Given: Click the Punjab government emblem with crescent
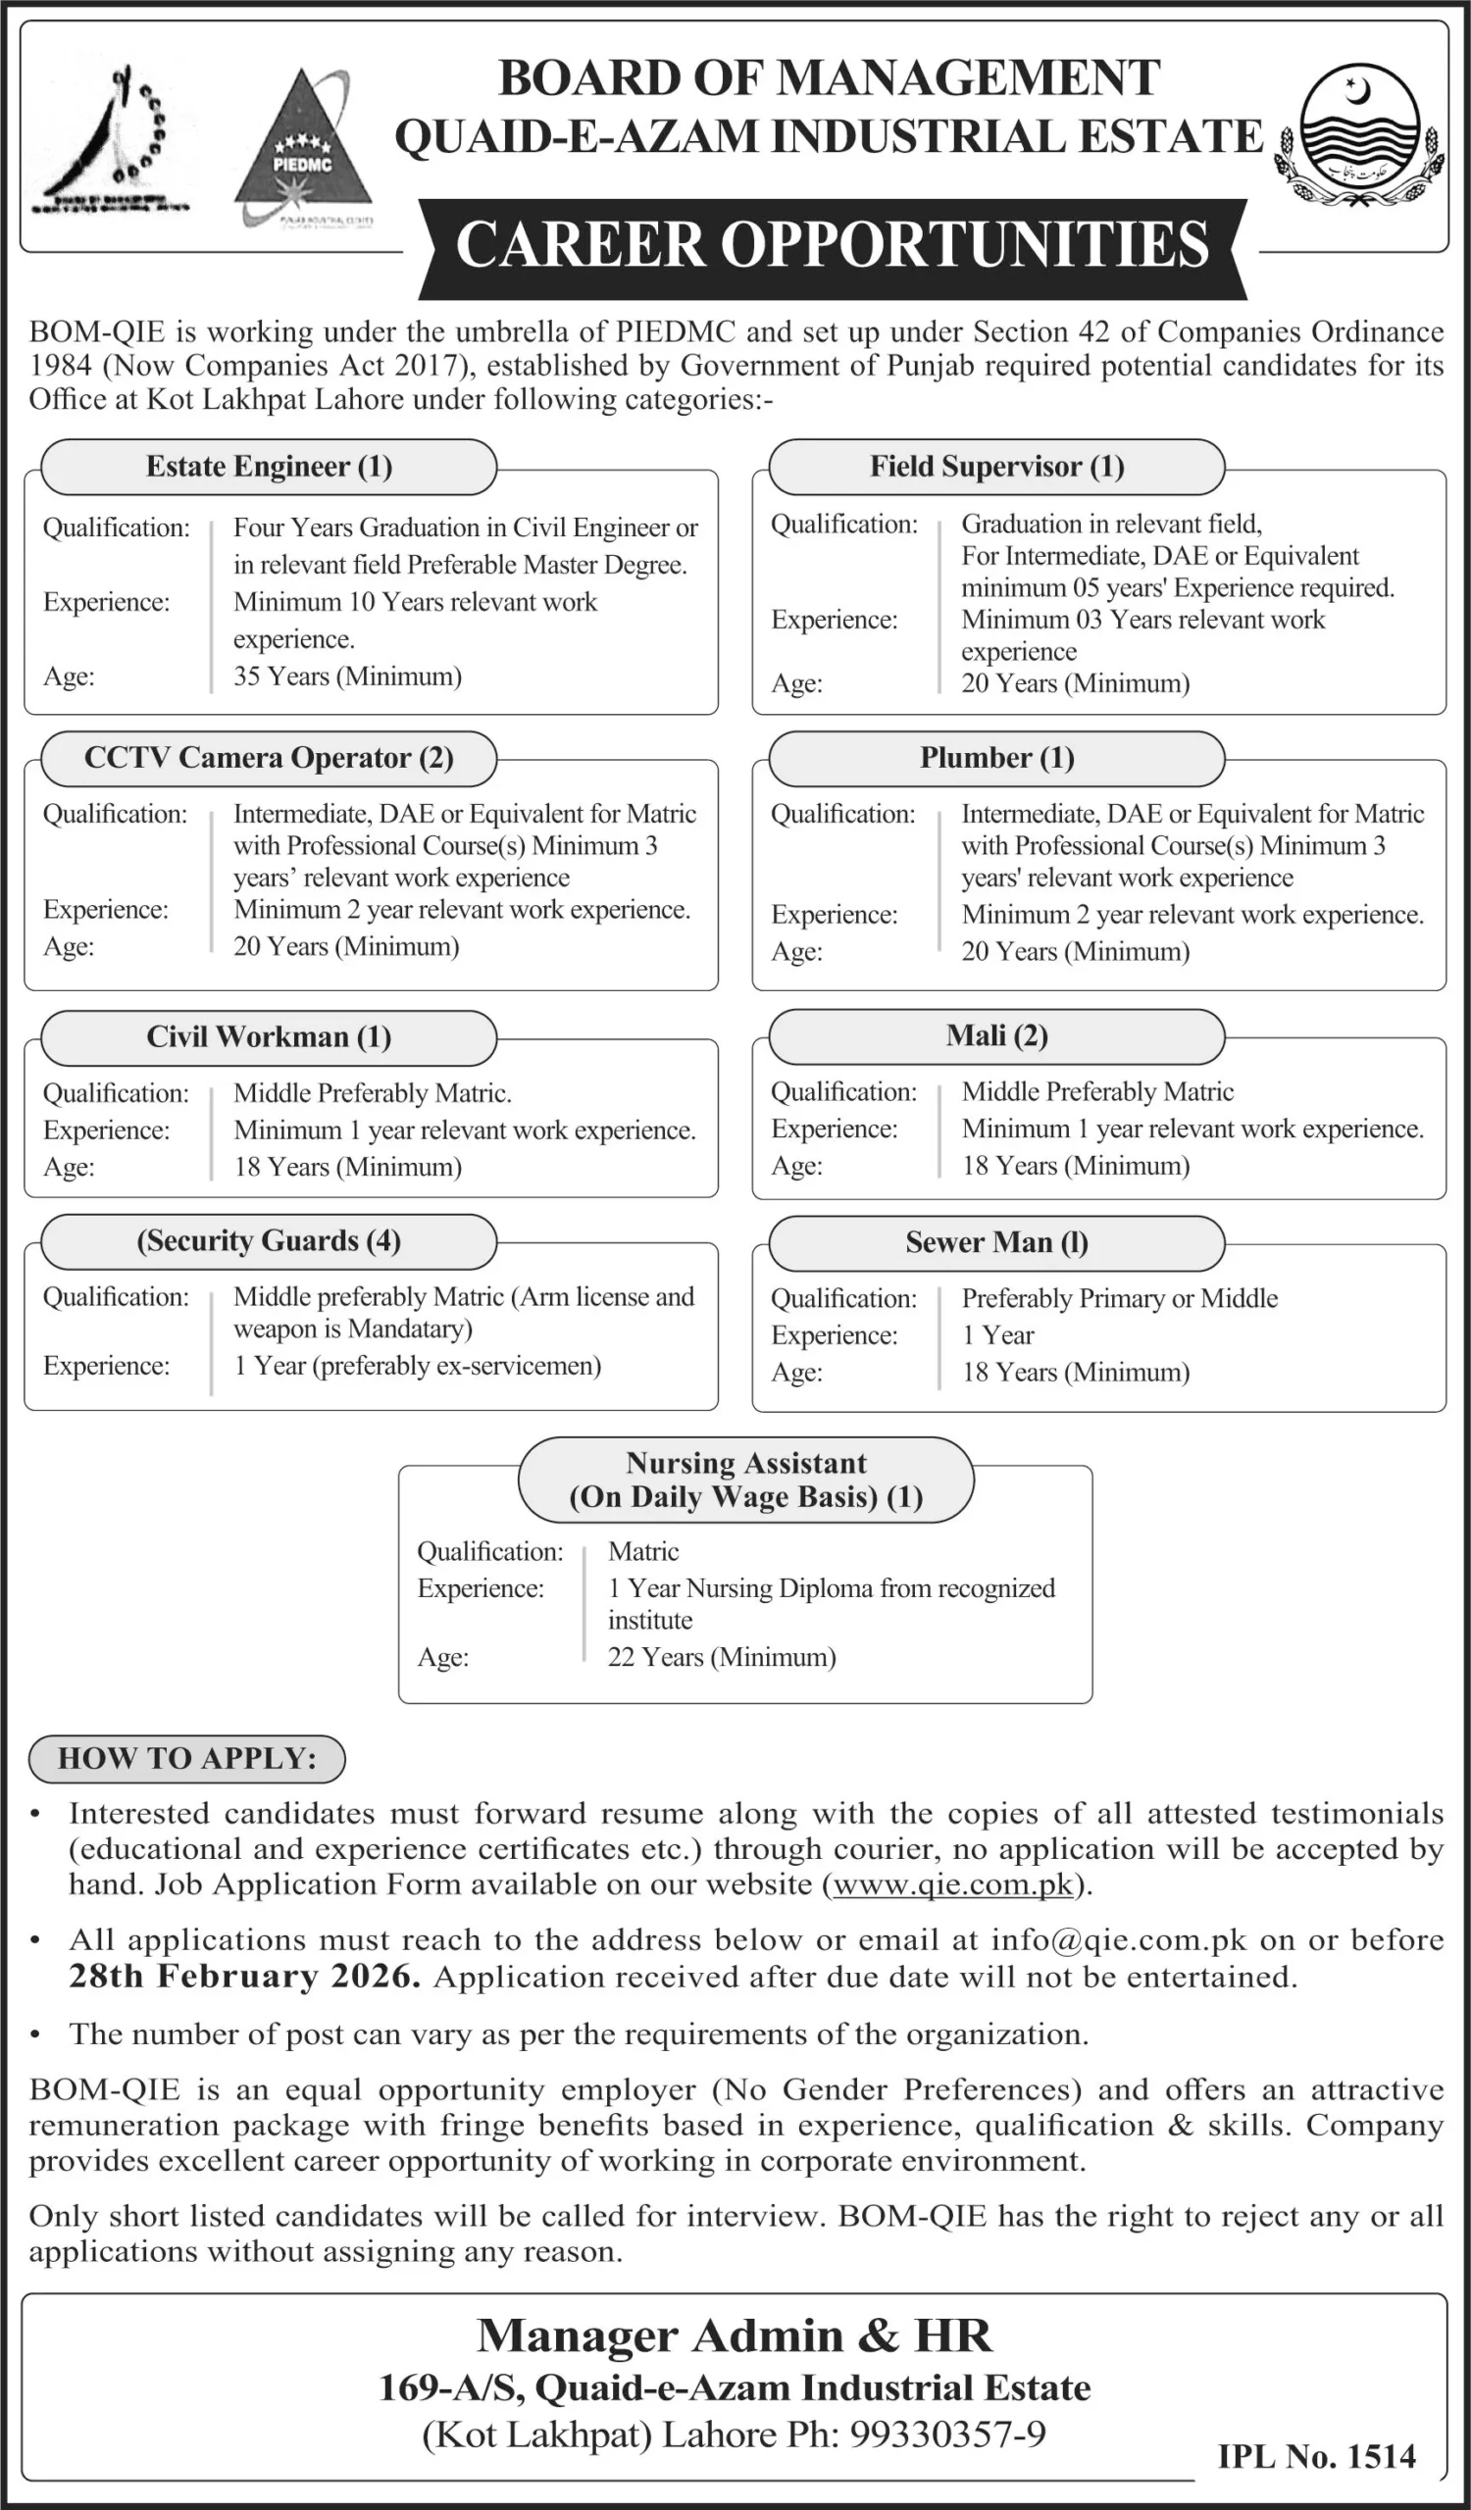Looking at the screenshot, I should pos(1359,135).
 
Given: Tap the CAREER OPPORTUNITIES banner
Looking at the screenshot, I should pos(833,246).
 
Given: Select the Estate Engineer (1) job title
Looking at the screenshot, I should pos(269,467).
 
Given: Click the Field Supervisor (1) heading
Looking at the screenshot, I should pos(996,467).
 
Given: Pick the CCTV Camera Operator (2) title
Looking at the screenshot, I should pos(269,758).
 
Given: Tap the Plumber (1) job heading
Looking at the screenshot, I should pos(996,758).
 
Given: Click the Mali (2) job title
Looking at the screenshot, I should pos(996,1036).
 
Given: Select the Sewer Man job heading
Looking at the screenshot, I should pos(996,1242).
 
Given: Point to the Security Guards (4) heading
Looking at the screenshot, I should pos(269,1241).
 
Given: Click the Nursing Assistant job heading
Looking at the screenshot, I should pos(746,1481).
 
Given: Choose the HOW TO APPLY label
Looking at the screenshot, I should pos(187,1758).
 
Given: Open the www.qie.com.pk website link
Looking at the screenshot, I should pos(953,1884).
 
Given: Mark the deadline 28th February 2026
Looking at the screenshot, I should pos(244,1976).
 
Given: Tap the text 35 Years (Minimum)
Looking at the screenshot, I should pos(347,677).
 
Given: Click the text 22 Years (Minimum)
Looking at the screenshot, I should pos(721,1656).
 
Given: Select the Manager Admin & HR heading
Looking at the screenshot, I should pos(734,2336).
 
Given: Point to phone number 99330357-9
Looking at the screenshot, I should pos(946,2435).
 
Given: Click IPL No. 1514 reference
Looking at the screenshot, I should pos(1316,2456).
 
